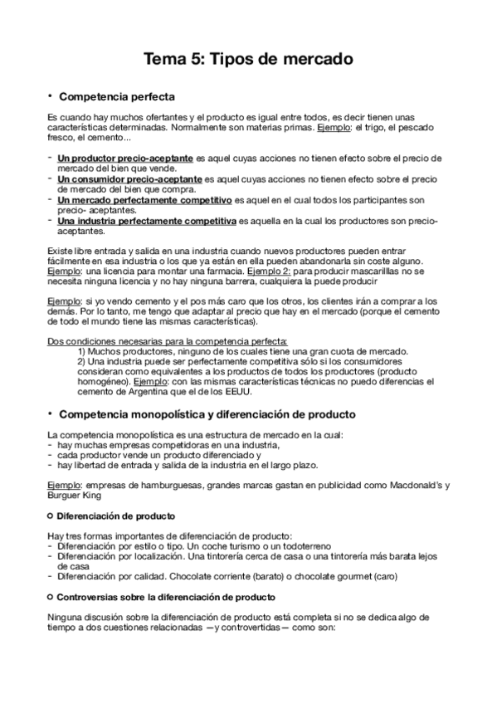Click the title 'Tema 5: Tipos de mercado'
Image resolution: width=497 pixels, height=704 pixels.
(248, 60)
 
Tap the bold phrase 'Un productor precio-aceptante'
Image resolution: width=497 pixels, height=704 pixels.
(124, 158)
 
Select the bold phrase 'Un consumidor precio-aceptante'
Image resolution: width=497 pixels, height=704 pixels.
(129, 178)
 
